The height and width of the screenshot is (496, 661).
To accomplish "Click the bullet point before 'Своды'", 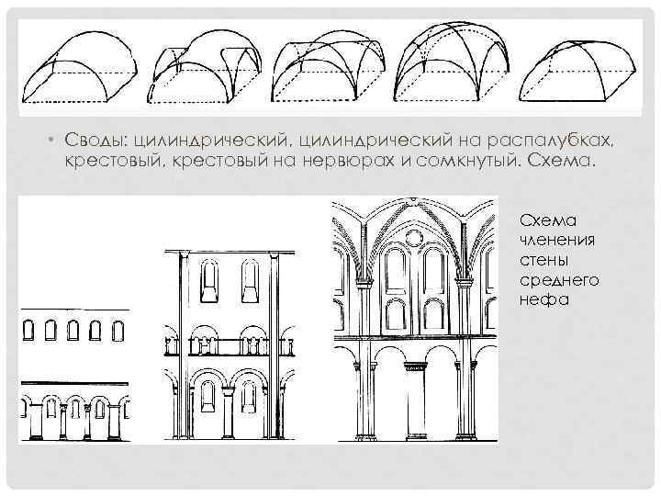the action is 53,140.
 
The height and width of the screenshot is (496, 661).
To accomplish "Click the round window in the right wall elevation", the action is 416,237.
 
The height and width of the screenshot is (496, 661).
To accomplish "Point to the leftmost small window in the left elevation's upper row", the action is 29,327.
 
